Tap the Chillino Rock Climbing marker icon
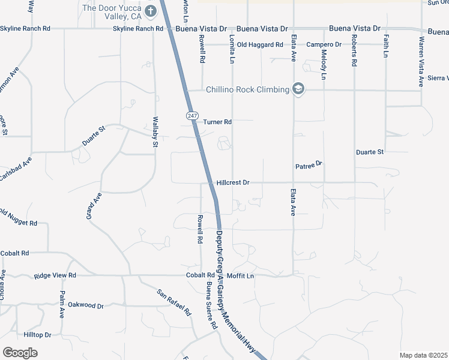(298, 90)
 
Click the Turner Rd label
(217, 122)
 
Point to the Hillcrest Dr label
(233, 182)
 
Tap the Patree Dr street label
(309, 164)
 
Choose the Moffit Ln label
(241, 276)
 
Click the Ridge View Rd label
(55, 275)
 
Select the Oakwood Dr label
(86, 305)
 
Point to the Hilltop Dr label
(37, 335)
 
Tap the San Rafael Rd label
(173, 303)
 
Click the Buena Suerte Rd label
(211, 305)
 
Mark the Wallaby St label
(155, 132)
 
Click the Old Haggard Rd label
(260, 45)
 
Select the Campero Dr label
(324, 45)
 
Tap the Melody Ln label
(324, 65)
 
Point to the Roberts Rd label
(355, 54)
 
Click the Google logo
(20, 353)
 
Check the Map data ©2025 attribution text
(423, 355)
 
